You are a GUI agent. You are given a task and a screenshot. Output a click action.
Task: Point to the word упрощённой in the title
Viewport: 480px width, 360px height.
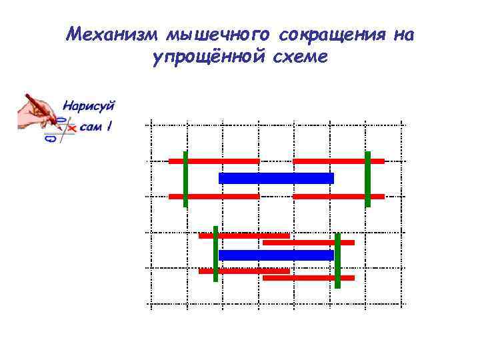coord(207,58)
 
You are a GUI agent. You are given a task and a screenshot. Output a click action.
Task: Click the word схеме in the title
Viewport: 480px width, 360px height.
coord(300,58)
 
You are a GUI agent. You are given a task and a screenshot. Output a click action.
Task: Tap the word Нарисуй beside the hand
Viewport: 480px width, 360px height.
coord(89,105)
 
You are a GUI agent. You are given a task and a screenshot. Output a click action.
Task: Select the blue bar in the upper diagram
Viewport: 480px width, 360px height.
coord(276,178)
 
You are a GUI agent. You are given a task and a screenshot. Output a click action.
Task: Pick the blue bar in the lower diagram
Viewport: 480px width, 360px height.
coord(276,255)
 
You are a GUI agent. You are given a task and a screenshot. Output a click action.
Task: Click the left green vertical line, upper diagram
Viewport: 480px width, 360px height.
coord(185,179)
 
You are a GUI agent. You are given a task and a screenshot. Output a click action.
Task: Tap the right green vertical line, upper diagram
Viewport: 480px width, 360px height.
coord(367,179)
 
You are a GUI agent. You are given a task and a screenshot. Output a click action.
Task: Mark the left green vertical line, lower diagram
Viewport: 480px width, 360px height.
coord(215,253)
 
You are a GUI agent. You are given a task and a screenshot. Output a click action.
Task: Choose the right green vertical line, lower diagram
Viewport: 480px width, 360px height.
coord(337,260)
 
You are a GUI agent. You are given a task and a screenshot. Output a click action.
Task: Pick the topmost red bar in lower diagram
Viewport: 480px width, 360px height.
coord(244,235)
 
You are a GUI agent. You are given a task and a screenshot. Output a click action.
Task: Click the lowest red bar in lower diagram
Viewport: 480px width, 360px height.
coord(309,278)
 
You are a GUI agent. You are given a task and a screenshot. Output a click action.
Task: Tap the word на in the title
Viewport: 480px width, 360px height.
coord(403,35)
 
